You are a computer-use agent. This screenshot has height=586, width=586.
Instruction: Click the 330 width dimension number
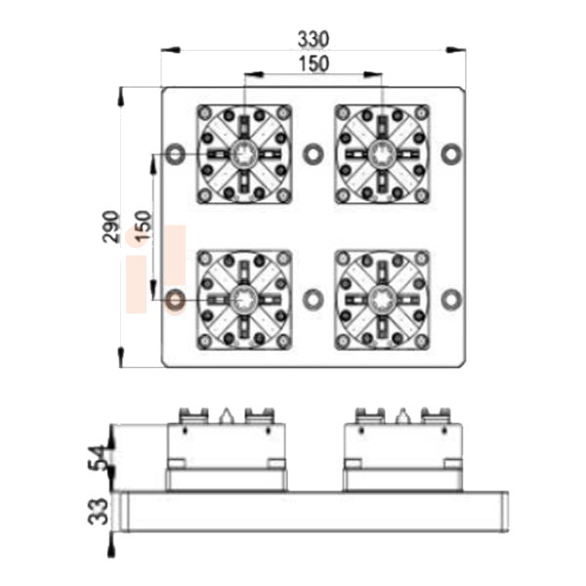[314, 39]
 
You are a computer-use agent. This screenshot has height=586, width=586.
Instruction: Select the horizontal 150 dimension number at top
[314, 63]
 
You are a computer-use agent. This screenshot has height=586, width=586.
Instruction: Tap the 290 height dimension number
[111, 227]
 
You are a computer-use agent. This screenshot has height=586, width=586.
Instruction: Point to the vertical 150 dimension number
[144, 227]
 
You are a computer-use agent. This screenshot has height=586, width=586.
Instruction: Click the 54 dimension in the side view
[98, 458]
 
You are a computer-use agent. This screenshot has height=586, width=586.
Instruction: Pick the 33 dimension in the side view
[98, 511]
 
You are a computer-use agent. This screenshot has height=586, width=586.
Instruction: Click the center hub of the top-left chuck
[244, 154]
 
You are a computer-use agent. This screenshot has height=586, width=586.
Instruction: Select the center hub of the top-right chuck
[382, 154]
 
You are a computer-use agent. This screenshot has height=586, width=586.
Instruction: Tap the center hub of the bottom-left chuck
[244, 300]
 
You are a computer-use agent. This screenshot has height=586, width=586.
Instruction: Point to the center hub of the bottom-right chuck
[382, 300]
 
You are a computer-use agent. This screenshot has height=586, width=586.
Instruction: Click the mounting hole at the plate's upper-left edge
[175, 154]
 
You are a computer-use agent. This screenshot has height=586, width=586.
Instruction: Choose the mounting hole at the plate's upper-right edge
[451, 154]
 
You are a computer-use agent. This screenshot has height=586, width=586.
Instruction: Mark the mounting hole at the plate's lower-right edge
[451, 300]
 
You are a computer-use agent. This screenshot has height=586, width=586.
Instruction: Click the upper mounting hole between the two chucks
[314, 154]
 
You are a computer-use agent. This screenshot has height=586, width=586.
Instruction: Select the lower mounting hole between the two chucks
[314, 300]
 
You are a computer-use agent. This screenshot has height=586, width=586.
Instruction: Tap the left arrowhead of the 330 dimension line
[170, 50]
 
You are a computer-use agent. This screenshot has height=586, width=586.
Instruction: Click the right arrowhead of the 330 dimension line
[456, 50]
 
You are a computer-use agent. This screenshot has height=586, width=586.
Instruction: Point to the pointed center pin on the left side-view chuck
[226, 416]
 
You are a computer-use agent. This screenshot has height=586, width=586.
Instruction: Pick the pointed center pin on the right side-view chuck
[402, 416]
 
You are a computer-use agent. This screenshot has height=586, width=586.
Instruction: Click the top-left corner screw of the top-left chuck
[204, 112]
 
